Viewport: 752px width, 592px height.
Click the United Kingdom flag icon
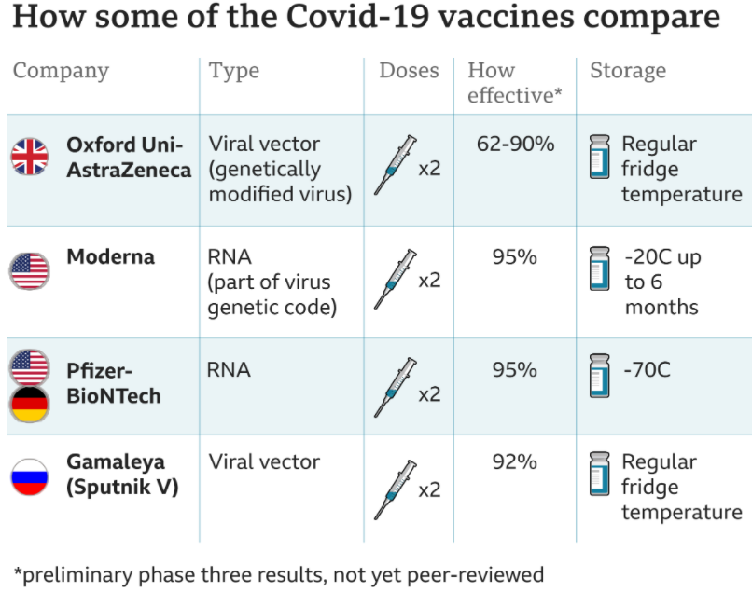[x=29, y=157]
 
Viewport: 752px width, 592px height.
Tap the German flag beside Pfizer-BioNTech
[x=29, y=404]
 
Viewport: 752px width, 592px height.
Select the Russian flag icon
[x=29, y=476]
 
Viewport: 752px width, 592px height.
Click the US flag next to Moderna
[x=29, y=271]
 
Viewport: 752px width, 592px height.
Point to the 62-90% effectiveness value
[x=516, y=144]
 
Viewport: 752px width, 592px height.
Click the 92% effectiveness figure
[x=515, y=461]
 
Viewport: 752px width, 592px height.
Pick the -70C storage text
[x=647, y=369]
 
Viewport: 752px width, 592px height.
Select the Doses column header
[x=409, y=71]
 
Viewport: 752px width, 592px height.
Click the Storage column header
[x=628, y=71]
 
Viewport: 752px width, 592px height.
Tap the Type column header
[x=234, y=72]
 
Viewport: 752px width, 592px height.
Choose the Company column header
[x=61, y=72]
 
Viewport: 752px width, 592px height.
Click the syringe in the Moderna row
[x=396, y=279]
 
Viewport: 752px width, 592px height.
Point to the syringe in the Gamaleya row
[x=396, y=489]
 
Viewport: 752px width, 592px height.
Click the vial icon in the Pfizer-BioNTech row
[x=600, y=376]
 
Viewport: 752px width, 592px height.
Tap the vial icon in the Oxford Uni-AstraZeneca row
[x=600, y=157]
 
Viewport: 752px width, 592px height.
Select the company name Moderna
[x=111, y=257]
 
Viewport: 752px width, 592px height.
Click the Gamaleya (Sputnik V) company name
[x=123, y=475]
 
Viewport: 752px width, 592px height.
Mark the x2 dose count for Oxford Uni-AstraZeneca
[x=429, y=169]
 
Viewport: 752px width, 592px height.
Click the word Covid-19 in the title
[x=357, y=17]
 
